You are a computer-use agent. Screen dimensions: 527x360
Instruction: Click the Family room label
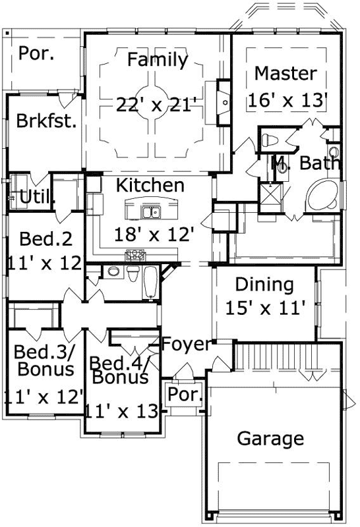pos(157,61)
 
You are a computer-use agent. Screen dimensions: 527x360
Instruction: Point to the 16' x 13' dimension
pos(288,101)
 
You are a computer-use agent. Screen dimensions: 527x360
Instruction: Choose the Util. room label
pos(37,196)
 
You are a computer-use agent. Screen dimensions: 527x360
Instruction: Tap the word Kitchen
pos(150,186)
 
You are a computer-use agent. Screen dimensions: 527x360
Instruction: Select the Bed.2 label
pos(41,238)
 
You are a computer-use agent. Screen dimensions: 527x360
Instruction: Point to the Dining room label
pos(264,285)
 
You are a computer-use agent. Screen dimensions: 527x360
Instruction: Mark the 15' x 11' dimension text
pos(264,308)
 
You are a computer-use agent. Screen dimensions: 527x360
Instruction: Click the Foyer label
pos(187,345)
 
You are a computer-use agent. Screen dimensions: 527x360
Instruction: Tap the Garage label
pos(270,438)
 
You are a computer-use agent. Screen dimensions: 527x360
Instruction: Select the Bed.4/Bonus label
pos(119,370)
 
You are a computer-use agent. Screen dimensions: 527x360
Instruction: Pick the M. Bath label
pos(306,162)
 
